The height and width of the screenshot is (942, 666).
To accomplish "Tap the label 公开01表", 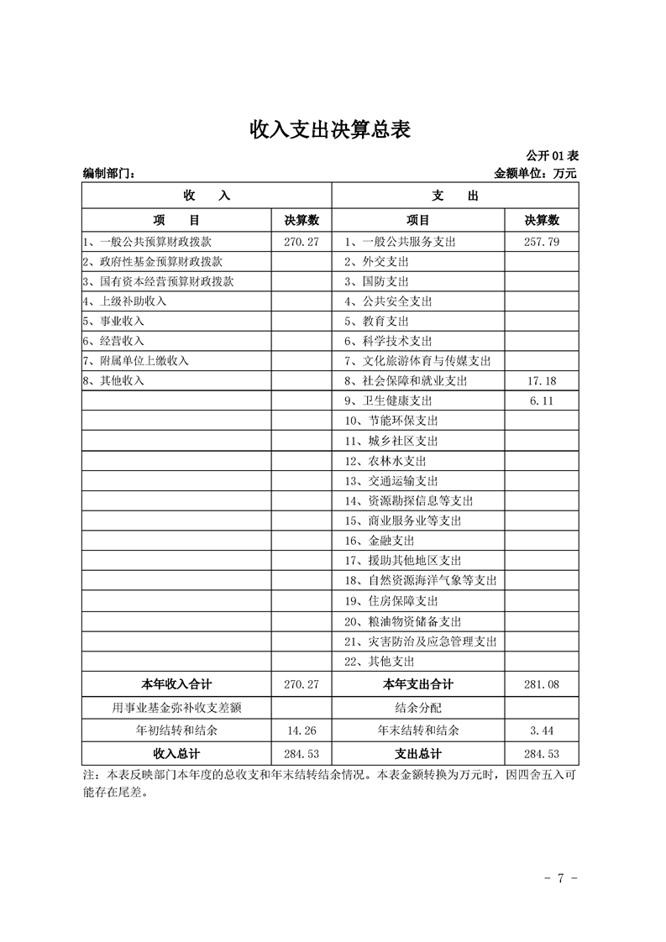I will pos(552,156).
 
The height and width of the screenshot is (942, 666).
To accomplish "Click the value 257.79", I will pos(542,242).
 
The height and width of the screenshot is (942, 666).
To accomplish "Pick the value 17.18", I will pos(542,381).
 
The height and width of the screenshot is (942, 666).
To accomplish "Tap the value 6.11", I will pos(542,401).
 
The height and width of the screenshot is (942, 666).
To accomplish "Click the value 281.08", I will pos(542,684).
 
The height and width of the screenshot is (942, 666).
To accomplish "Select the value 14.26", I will pos(302,730).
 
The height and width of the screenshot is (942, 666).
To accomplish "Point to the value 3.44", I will pos(542,730).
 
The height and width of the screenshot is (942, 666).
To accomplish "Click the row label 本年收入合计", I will pos(177,684).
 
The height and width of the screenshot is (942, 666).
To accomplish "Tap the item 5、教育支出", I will pos(376,322).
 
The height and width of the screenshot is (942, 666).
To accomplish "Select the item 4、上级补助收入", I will pos(124,301).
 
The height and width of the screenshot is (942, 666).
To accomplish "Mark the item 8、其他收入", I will pos(113,381).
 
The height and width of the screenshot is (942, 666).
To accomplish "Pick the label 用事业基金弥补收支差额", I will pos(177,708).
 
